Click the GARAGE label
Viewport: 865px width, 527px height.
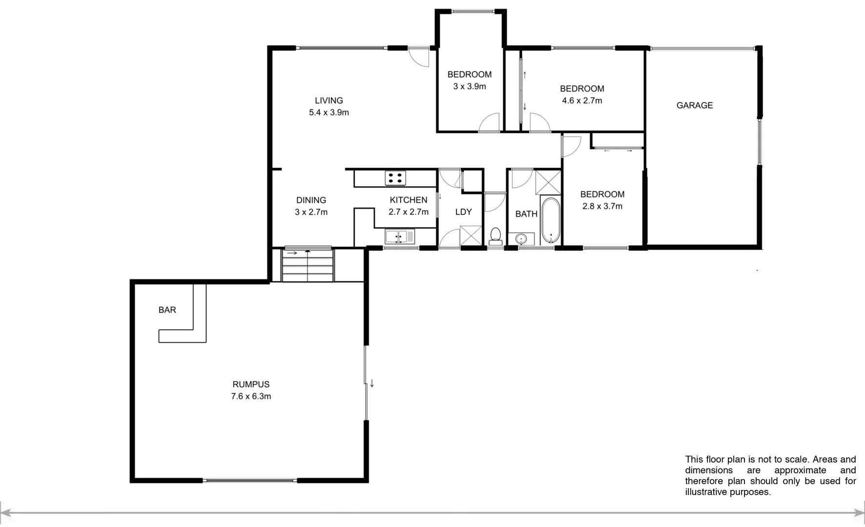coord(694,105)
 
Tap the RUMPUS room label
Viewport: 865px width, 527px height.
coord(251,385)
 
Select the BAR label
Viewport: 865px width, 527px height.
coord(167,310)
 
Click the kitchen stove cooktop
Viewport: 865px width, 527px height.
coord(395,178)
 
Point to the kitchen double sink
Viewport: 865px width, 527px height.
coord(400,237)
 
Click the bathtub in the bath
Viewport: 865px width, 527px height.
coord(551,221)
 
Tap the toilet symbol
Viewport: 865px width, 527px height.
coord(496,236)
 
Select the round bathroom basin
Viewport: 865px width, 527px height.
coord(522,239)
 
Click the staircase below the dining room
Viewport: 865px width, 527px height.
coord(308,265)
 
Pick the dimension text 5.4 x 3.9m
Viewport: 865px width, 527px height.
coord(329,113)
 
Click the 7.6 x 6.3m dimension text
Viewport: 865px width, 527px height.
coord(251,397)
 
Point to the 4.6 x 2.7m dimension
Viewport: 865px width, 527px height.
coord(582,101)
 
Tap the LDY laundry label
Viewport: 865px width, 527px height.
coord(463,212)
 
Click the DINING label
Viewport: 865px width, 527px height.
coord(311,200)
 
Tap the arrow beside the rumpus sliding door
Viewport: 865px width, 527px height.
coord(372,384)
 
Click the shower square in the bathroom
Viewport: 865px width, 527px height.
coord(548,182)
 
